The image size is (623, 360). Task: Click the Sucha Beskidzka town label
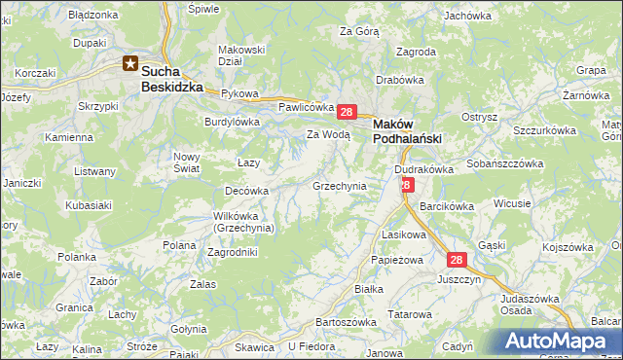point(172,79)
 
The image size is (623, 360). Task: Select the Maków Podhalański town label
point(408,131)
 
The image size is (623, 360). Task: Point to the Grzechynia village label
point(339,185)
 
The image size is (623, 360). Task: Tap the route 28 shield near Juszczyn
point(458,260)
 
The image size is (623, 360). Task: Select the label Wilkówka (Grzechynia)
point(244,222)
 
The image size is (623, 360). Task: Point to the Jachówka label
point(467,16)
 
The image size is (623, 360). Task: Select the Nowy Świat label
point(186,162)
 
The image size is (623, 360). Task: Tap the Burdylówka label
point(232,122)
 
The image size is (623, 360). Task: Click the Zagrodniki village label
point(233,251)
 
